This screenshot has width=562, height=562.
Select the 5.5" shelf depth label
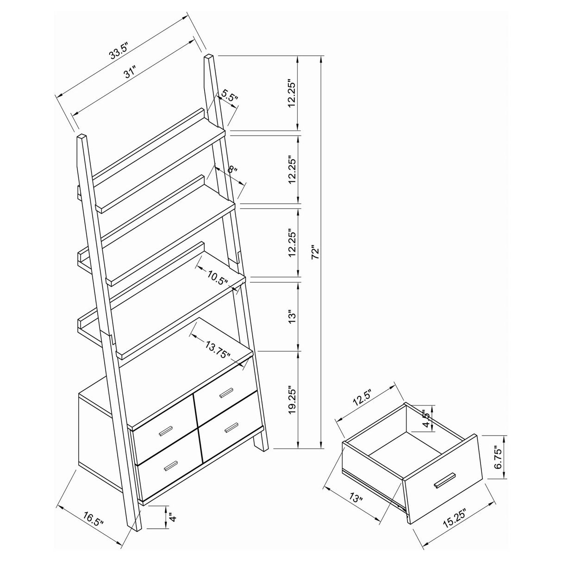(x=229, y=96)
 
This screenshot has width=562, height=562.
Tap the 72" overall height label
(x=316, y=252)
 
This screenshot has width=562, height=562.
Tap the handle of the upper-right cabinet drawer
(x=227, y=392)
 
